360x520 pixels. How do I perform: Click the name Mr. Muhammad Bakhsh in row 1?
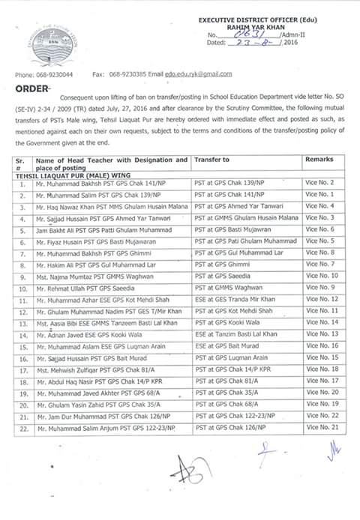[67, 183]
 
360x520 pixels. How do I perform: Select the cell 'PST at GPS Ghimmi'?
[225, 264]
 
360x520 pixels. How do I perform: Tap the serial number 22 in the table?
[24, 428]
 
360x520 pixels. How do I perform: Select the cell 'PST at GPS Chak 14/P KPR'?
[233, 369]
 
